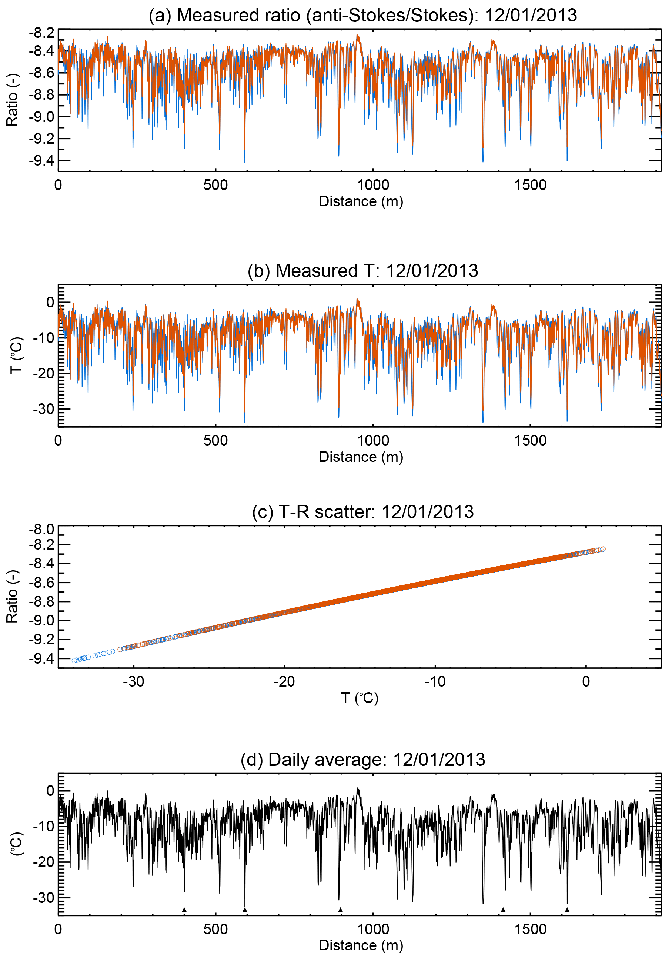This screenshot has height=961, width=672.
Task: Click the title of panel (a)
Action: coord(363,16)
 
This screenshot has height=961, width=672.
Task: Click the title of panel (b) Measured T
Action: coord(363,271)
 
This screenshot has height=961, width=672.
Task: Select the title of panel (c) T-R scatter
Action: coord(363,512)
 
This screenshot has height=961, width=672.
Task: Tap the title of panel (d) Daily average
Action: coord(363,760)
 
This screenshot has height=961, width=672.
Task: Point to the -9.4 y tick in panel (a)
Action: coord(42,160)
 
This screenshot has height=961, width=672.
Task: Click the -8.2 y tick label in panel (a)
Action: coord(42,33)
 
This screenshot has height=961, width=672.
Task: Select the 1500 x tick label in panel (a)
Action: coord(530,185)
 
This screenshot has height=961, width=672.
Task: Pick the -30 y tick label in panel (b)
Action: coord(44,408)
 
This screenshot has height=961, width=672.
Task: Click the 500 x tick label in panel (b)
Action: coord(215,440)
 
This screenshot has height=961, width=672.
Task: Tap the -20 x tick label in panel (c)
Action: coord(284,681)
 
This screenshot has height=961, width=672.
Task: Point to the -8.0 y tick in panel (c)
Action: coord(42,530)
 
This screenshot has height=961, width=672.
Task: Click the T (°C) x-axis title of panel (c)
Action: coord(360,698)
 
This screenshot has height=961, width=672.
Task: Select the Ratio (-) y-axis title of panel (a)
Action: coord(13,100)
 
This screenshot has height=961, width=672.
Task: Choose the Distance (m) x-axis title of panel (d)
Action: coord(361,945)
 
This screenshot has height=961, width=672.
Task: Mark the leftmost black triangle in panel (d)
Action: coord(184,910)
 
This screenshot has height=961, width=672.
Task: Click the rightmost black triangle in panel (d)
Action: coord(567,910)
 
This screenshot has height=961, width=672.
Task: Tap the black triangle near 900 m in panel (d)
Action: coord(341,910)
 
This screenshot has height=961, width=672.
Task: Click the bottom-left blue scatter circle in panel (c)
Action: coord(74,660)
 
